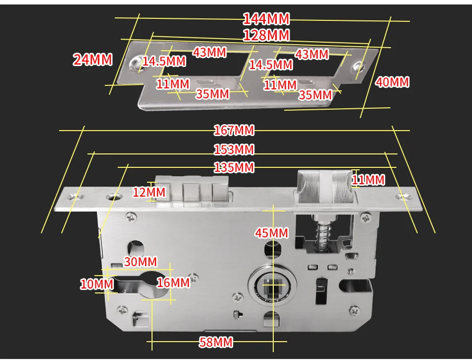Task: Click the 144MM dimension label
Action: click(266, 19)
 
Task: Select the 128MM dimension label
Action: click(266, 36)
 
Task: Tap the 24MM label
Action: click(93, 60)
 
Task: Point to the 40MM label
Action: click(392, 82)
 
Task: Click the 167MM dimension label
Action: click(234, 131)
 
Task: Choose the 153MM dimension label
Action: click(234, 149)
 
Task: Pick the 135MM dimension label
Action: click(234, 167)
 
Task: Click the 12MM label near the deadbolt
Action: click(149, 192)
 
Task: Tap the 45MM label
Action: click(271, 232)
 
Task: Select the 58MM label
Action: click(216, 342)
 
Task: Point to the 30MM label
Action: click(140, 262)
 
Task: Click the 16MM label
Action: click(173, 283)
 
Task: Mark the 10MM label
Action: click(97, 285)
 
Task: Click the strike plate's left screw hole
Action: click(134, 64)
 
